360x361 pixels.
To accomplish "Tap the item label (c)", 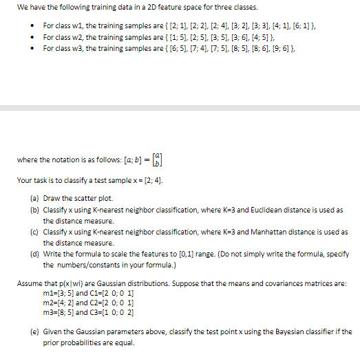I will pyautogui.click(x=34, y=232).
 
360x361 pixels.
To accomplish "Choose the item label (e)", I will pyautogui.click(x=34, y=331).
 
